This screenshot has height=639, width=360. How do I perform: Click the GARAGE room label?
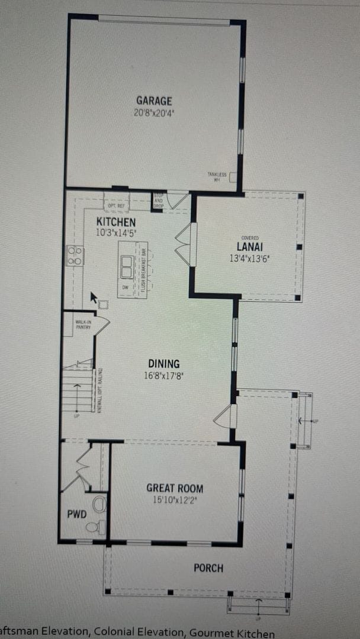click(x=154, y=101)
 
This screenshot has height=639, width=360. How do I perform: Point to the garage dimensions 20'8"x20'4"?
click(x=154, y=112)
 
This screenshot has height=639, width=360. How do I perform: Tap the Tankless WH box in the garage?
click(x=233, y=176)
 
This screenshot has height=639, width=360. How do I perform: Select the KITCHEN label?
click(x=116, y=222)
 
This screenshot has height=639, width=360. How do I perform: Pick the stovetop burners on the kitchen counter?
click(x=75, y=256)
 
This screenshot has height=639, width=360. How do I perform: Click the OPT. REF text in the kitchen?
click(x=116, y=206)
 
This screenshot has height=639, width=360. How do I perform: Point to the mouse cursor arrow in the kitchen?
click(x=93, y=296)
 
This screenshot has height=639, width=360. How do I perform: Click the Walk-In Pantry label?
click(x=82, y=324)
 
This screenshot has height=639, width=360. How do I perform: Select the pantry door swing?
click(x=101, y=325)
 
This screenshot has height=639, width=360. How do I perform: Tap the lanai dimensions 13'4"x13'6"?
click(x=249, y=257)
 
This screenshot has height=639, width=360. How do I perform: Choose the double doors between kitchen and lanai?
click(x=184, y=244)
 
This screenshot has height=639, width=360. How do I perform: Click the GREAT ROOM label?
click(x=175, y=488)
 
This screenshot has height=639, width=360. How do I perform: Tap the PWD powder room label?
click(x=77, y=514)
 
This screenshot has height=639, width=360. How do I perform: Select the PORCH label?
click(x=208, y=568)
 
